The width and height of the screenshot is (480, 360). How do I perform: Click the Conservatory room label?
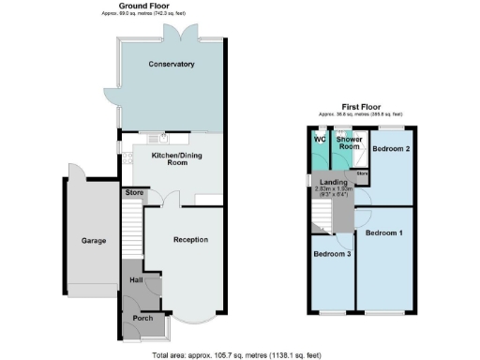click(x=172, y=65)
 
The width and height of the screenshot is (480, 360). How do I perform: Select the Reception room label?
click(x=190, y=240)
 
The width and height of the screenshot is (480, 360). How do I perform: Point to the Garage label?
click(x=93, y=241)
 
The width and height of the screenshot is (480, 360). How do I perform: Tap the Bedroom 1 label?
click(x=384, y=232)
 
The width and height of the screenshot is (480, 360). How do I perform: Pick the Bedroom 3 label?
click(x=332, y=254)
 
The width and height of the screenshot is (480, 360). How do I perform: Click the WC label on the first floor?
click(x=320, y=141)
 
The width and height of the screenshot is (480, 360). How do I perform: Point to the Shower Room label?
click(x=350, y=142)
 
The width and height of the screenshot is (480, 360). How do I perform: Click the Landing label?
click(x=333, y=182)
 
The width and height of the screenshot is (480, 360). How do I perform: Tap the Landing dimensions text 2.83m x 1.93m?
click(x=333, y=191)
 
